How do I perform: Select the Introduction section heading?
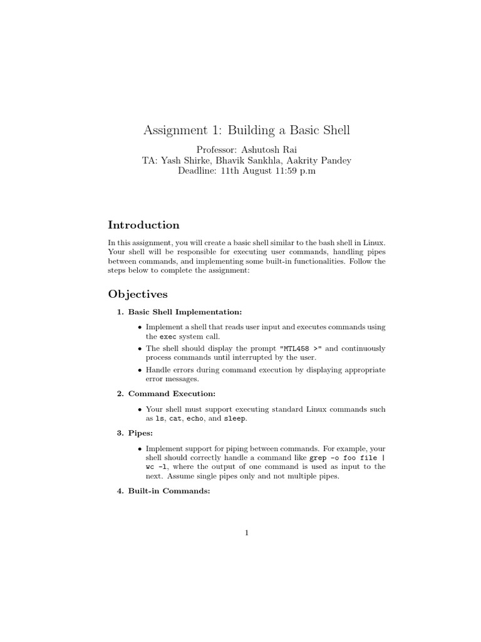143,225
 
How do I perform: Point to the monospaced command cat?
175,418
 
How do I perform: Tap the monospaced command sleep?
235,418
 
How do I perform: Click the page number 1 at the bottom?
247,534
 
